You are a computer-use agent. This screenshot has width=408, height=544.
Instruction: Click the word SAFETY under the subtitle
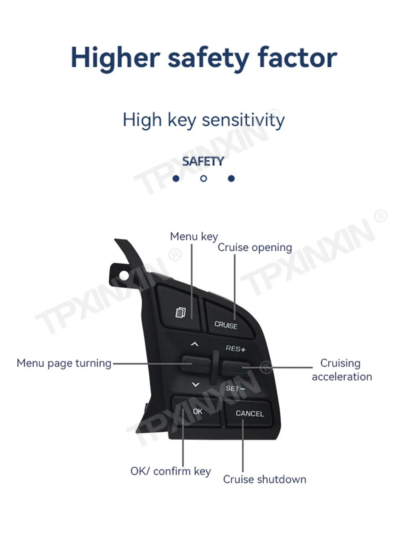pos(203,161)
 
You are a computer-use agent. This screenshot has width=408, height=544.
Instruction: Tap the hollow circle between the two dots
pos(204,178)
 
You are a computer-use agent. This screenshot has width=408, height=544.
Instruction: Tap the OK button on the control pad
pos(197,411)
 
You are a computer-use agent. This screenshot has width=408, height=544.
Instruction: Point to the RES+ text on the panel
pos(235,349)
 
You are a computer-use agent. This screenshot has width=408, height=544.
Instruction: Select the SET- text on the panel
pos(235,388)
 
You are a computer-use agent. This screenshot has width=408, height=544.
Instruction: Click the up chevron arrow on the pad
pos(195,345)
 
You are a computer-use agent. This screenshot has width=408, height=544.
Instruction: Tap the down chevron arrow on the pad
pos(195,385)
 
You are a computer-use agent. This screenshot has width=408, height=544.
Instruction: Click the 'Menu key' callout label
pos(194,237)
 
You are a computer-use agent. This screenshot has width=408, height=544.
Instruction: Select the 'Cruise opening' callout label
pos(255,248)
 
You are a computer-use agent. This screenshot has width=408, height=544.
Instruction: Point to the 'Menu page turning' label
pos(64,363)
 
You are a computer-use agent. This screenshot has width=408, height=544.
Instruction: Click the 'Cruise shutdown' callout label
pos(264,479)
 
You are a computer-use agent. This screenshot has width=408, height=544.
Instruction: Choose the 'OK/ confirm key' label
pos(171,471)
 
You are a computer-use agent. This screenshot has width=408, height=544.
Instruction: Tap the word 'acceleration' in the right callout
pos(342,376)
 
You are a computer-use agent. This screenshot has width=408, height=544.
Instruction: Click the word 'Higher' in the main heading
pos(115,57)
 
